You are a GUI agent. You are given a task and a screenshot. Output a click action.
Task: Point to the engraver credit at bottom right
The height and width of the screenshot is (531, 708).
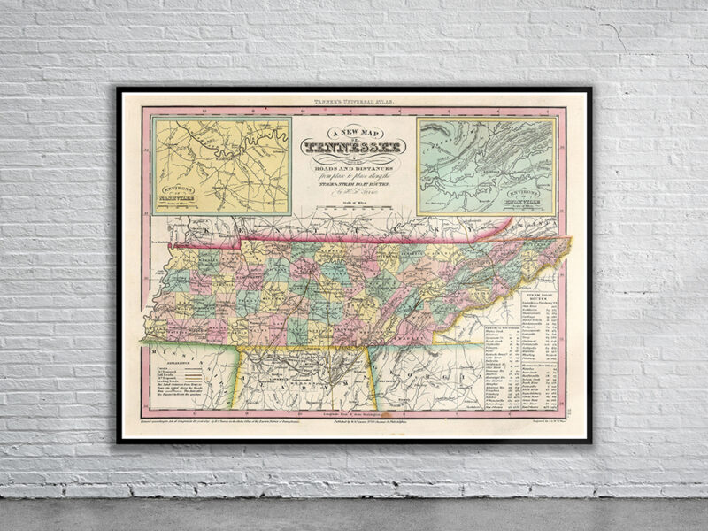(x=535, y=425)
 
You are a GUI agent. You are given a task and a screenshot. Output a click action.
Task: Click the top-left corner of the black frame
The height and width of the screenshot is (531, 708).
(x=118, y=88)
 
